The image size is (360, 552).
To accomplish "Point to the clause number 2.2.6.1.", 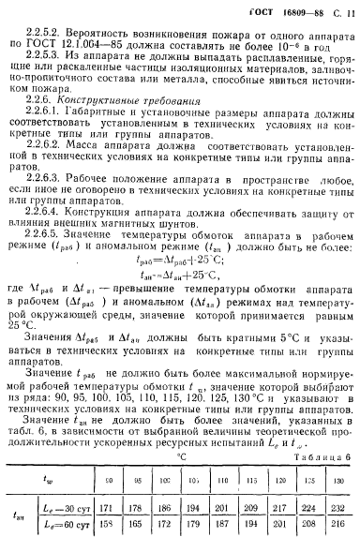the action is [49, 112].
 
